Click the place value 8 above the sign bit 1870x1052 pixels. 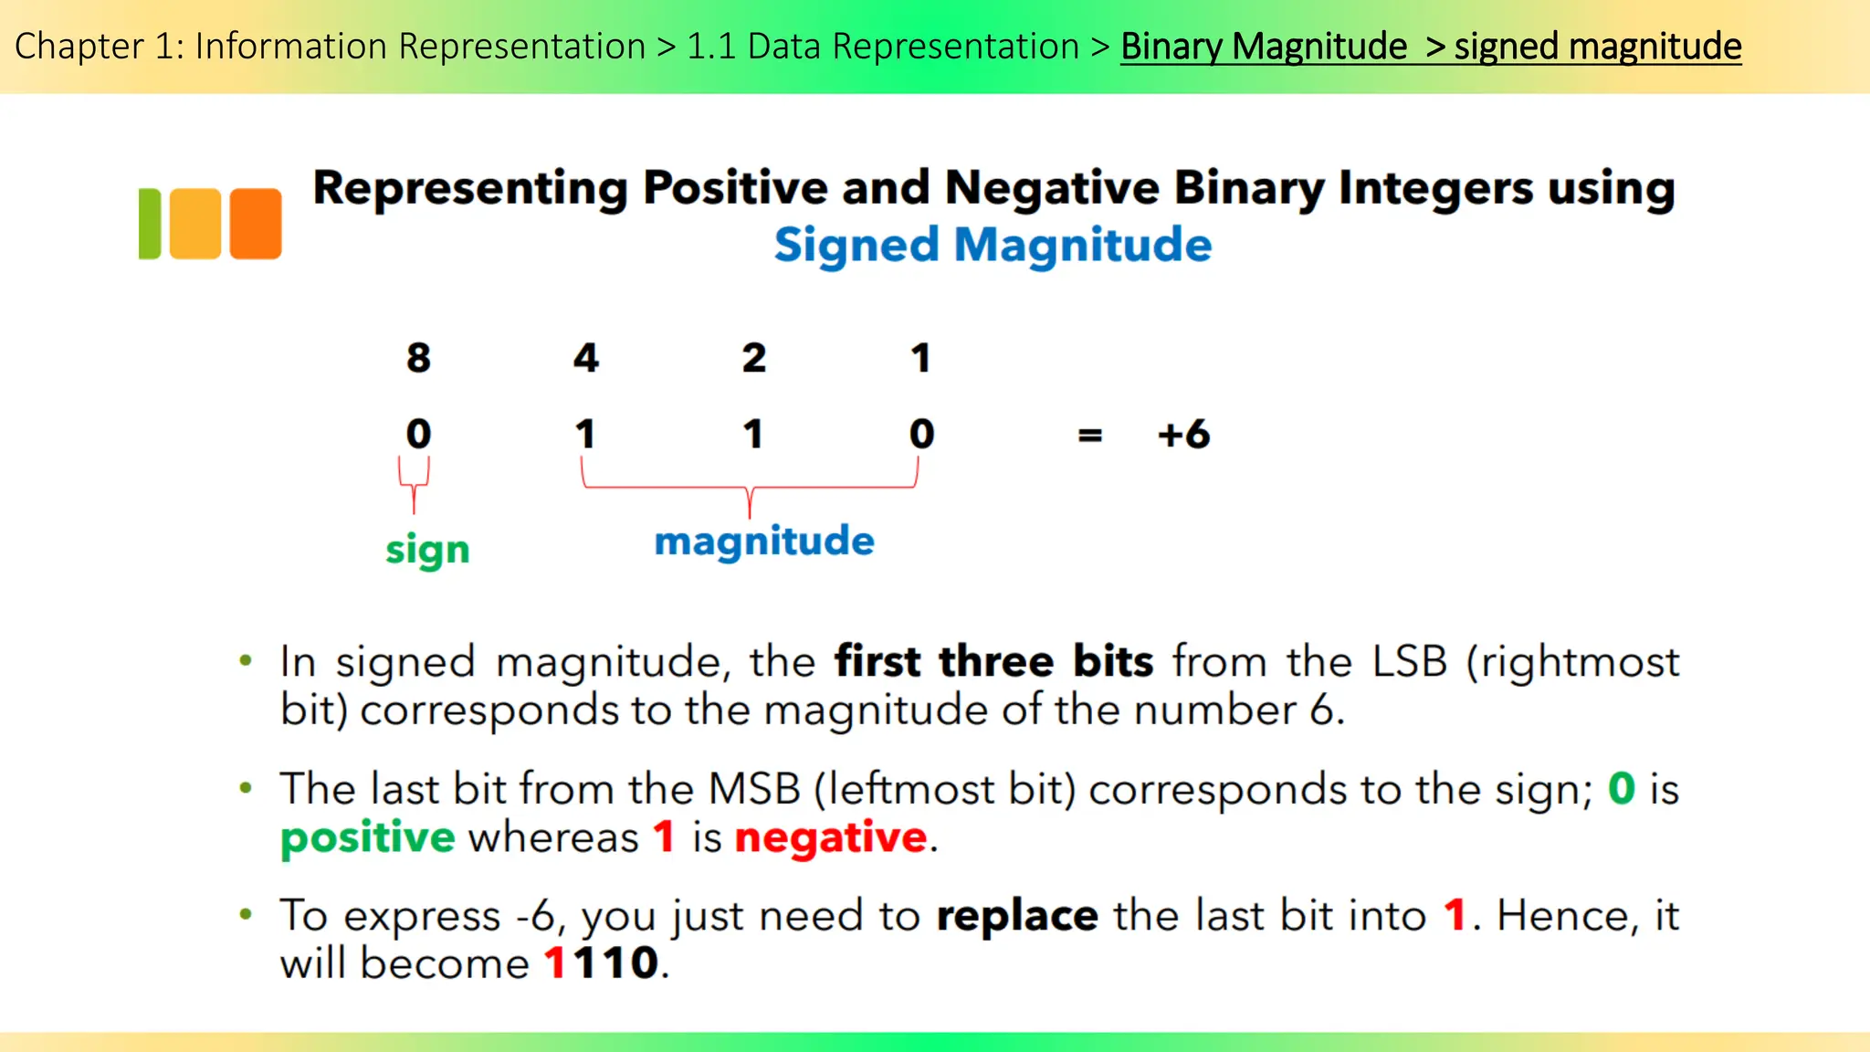(x=418, y=358)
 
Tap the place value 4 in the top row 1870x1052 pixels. (x=586, y=358)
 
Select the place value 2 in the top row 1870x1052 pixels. (x=753, y=358)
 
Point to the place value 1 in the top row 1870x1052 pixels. (x=920, y=358)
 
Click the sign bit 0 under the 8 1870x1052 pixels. (x=418, y=434)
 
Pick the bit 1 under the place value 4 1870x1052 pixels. (x=585, y=434)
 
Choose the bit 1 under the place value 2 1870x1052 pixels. (x=753, y=434)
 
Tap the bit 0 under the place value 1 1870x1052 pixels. (x=921, y=434)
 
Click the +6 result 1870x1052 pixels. (x=1183, y=435)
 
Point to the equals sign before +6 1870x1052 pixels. (x=1090, y=437)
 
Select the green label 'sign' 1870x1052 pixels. (x=427, y=551)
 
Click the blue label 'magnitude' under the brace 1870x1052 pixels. (x=764, y=542)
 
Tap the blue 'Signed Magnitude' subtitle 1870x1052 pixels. (x=993, y=246)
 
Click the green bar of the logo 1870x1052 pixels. (x=150, y=224)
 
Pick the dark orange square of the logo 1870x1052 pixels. (x=256, y=224)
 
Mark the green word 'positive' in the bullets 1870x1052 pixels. (x=367, y=838)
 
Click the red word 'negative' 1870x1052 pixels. (x=831, y=837)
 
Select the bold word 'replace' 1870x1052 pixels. (x=1017, y=916)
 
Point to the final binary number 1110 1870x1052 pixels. (x=602, y=963)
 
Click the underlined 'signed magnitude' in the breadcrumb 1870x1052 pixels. (x=1597, y=47)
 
